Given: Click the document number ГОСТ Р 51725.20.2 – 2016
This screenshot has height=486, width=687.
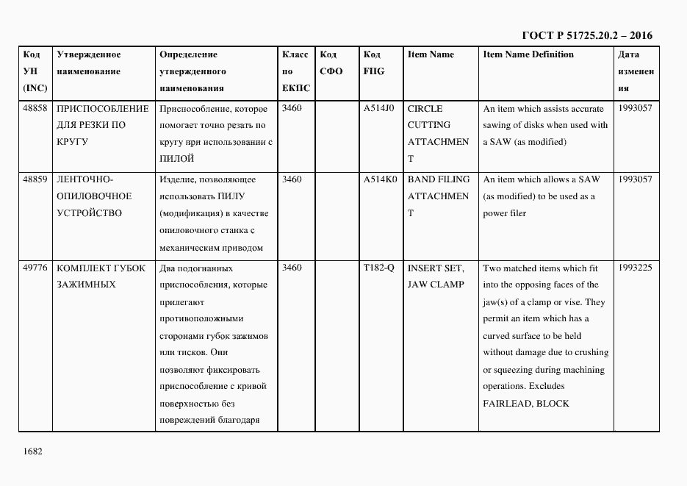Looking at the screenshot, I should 586,35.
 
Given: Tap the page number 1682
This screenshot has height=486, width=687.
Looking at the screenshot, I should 33,451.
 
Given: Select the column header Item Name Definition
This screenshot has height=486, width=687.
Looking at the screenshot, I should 528,54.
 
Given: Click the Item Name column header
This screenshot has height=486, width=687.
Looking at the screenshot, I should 431,54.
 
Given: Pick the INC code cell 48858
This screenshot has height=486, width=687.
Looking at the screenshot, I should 35,108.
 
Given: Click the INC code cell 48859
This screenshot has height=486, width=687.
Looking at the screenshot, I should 35,179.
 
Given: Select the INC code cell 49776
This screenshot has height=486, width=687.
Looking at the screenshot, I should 35,268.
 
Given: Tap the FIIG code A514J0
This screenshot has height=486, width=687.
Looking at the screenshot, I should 379,108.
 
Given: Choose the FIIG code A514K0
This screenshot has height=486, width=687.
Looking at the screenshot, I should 380,179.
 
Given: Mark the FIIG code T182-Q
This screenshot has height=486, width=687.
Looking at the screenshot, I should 379,268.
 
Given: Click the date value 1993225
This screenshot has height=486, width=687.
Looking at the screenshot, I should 635,268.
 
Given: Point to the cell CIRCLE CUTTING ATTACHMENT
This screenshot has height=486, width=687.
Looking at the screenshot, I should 438,133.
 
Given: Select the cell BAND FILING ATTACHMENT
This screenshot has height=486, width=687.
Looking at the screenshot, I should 438,196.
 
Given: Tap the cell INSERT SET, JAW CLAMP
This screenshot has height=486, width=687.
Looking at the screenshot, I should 436,276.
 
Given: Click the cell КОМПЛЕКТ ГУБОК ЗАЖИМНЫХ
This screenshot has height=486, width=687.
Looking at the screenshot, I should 101,276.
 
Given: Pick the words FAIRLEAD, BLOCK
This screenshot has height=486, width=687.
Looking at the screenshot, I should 525,404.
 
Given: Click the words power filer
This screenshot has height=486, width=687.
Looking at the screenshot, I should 504,214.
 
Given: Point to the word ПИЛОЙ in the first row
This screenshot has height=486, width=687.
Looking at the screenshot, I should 176,159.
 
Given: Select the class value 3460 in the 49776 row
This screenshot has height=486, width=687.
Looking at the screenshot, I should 292,268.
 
